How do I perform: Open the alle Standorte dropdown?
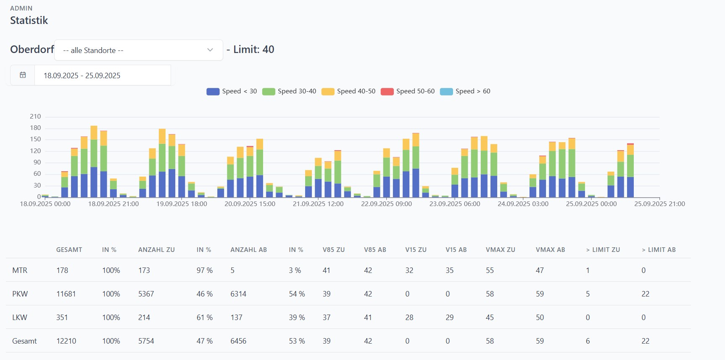point(138,50)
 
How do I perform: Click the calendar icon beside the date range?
point(23,75)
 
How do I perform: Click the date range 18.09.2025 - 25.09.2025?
point(82,76)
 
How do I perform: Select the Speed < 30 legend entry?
point(232,91)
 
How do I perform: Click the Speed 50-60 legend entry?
point(408,91)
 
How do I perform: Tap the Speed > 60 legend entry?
point(465,91)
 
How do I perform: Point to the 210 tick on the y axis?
point(35,116)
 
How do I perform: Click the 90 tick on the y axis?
point(37,162)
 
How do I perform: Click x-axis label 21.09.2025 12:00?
point(318,204)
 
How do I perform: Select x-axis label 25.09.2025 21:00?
point(659,204)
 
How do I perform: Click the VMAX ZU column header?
point(500,250)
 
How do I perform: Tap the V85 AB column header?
point(375,250)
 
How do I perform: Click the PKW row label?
point(20,294)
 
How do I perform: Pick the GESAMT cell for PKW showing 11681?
point(66,294)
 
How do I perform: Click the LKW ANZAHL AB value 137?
point(236,318)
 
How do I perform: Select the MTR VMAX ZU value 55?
point(490,270)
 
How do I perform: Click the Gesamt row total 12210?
point(66,341)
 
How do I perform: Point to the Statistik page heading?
point(29,21)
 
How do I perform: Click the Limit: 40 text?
point(253,50)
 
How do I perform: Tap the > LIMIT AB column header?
point(659,250)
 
